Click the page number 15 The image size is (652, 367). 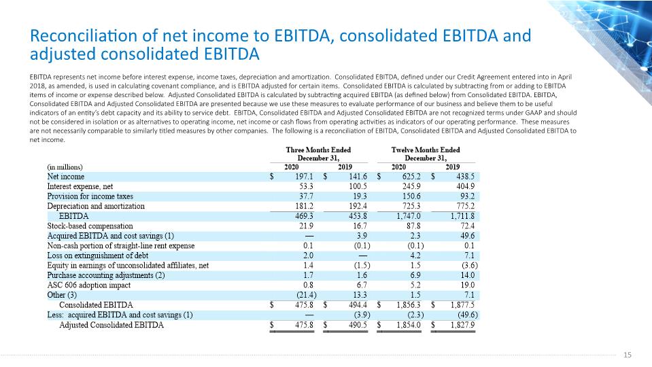(x=628, y=355)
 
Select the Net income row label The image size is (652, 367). (x=66, y=177)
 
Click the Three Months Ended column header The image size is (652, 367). (x=318, y=150)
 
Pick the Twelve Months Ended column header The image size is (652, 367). (x=426, y=150)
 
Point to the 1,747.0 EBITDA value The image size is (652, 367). (x=409, y=216)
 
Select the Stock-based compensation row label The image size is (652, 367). (x=90, y=226)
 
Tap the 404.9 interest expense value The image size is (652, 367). (x=465, y=187)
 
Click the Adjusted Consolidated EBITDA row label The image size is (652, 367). (x=111, y=325)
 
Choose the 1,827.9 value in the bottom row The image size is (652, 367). (x=463, y=325)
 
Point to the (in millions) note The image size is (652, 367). (x=65, y=167)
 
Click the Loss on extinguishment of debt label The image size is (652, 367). (x=98, y=256)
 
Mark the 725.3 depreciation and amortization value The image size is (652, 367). (x=411, y=206)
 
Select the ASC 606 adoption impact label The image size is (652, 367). (x=88, y=285)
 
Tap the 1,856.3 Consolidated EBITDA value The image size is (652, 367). (x=409, y=305)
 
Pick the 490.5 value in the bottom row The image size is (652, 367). (x=358, y=325)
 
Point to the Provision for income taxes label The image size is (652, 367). (x=90, y=196)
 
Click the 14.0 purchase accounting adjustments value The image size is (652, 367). (x=467, y=275)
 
